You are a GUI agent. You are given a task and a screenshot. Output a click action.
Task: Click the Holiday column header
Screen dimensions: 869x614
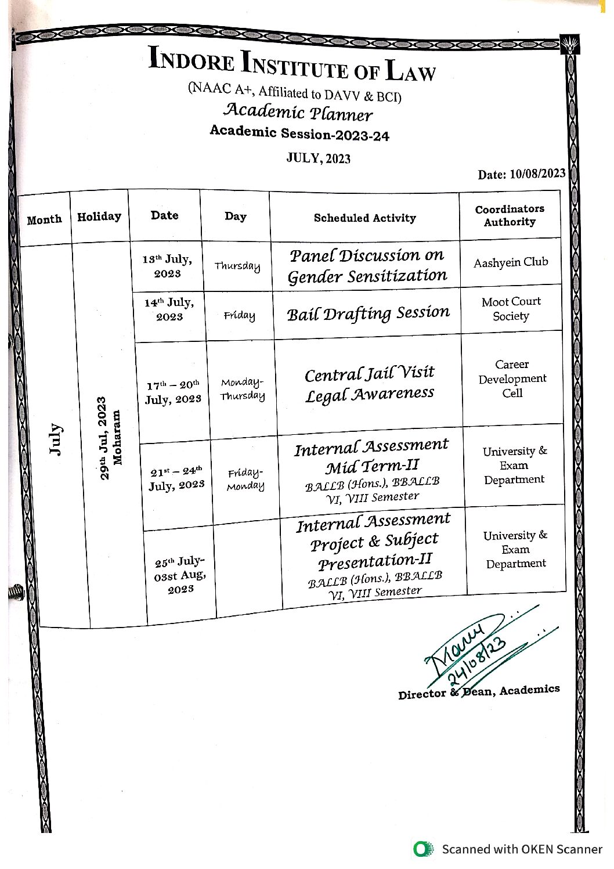[99, 217]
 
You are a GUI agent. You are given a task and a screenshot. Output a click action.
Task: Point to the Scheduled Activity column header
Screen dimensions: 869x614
[364, 218]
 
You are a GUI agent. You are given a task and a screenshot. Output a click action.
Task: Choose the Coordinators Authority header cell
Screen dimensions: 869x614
[510, 215]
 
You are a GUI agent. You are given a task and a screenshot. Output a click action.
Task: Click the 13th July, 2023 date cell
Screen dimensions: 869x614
[167, 266]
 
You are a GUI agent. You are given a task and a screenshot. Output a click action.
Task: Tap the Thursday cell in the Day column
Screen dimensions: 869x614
[237, 266]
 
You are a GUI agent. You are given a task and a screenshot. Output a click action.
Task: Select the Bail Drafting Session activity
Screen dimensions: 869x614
[368, 313]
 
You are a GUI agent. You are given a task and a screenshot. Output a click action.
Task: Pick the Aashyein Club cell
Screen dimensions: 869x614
[511, 262]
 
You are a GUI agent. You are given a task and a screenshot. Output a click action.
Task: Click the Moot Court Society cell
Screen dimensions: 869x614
[511, 309]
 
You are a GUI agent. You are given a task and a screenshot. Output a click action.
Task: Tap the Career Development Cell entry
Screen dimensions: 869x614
[512, 378]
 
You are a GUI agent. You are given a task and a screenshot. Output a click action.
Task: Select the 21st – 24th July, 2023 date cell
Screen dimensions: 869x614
[176, 478]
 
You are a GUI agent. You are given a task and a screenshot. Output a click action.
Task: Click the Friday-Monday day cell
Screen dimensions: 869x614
[245, 479]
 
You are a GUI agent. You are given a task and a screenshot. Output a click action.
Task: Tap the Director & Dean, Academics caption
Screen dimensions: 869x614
[479, 691]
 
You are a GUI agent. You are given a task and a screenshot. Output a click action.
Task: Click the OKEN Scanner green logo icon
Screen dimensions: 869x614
[423, 849]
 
